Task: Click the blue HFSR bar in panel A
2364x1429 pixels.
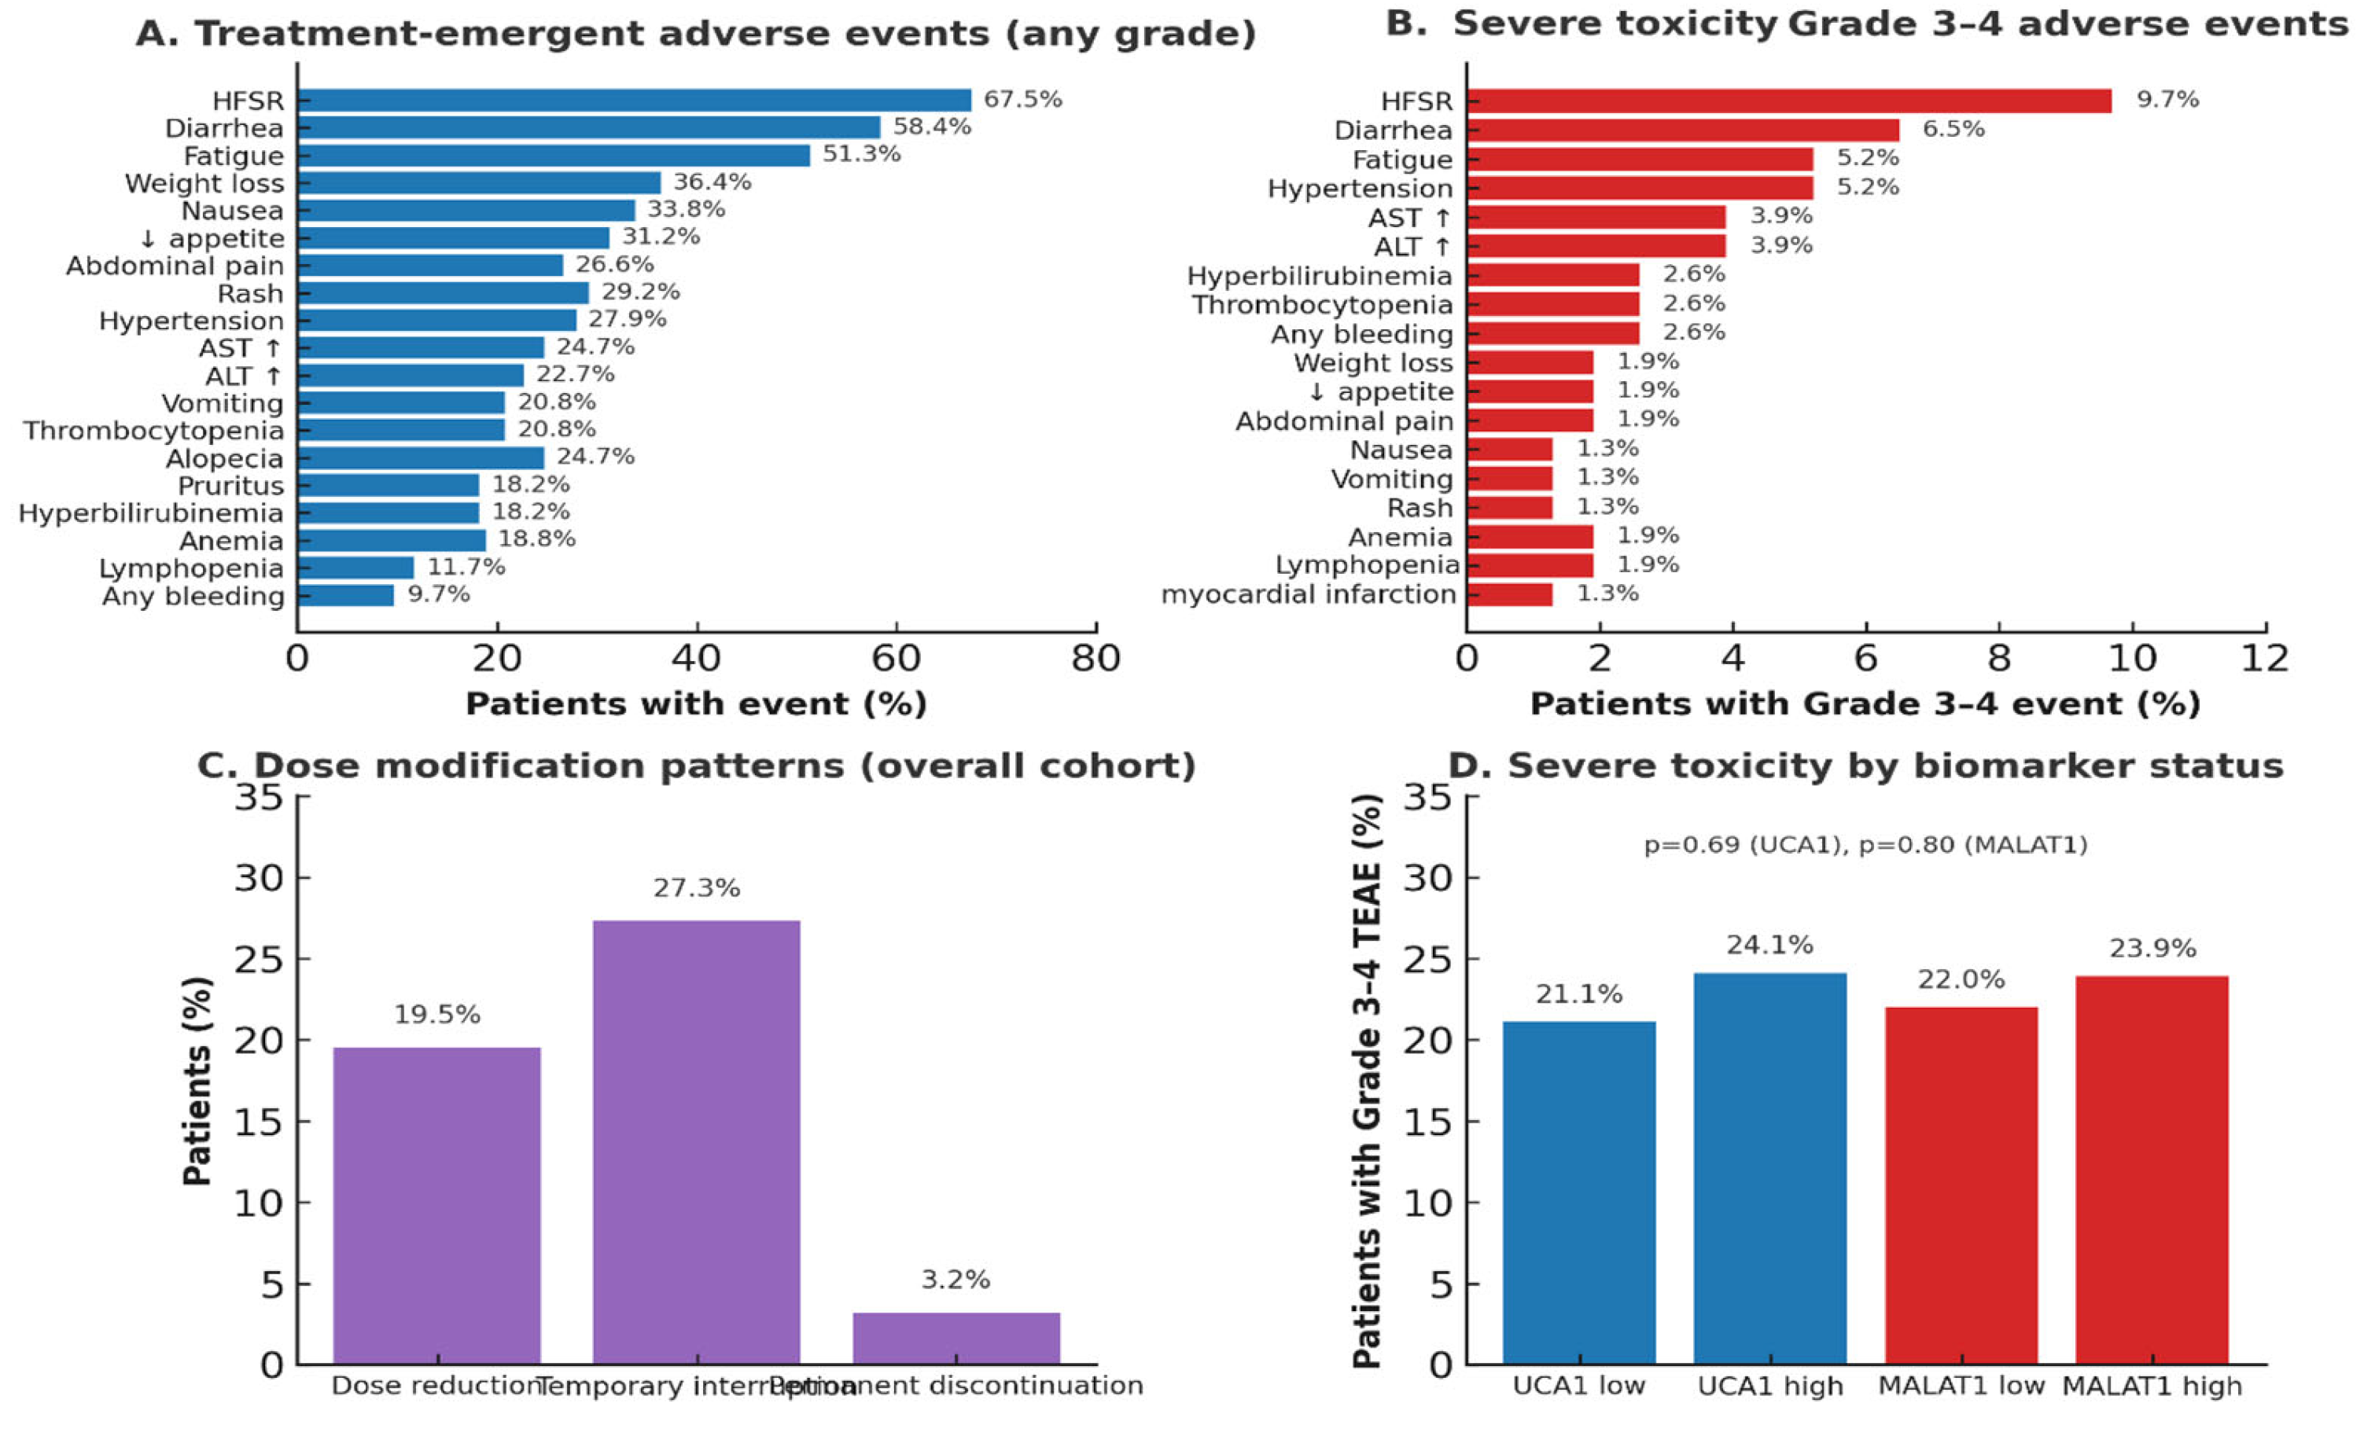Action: [633, 100]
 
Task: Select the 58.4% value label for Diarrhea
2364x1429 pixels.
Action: [932, 127]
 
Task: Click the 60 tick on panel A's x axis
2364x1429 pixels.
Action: [895, 659]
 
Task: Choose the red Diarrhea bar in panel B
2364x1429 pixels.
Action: [1682, 130]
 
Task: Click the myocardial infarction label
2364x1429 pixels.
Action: [1309, 594]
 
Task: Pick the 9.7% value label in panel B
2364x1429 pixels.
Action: [2167, 100]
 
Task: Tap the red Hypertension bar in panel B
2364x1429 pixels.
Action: [1640, 188]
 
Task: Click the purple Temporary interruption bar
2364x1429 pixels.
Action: [697, 1141]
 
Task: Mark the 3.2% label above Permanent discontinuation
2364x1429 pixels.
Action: [956, 1280]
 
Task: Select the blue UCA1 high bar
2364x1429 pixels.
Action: [1770, 1168]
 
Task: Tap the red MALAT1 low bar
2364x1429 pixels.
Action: [1961, 1185]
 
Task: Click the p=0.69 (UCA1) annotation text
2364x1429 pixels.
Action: [1744, 845]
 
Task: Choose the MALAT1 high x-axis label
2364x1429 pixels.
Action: [2152, 1386]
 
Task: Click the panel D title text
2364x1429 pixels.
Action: [1865, 766]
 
